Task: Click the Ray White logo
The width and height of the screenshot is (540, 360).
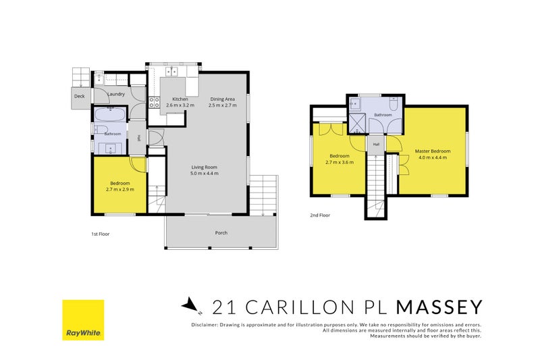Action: point(83,320)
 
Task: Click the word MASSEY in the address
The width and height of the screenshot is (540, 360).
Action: point(439,307)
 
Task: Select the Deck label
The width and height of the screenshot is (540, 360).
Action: point(79,96)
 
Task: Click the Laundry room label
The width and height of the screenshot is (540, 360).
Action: point(116,94)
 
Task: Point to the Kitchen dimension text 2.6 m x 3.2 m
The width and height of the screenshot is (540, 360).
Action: point(180,105)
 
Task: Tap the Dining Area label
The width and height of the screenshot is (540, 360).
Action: point(223,99)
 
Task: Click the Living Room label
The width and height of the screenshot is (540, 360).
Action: point(205,167)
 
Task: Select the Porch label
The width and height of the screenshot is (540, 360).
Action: point(221,233)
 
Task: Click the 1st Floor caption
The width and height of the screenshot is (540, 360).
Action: point(100,234)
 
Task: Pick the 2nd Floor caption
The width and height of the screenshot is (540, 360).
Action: point(320,215)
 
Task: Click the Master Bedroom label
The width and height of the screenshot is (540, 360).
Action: point(433,151)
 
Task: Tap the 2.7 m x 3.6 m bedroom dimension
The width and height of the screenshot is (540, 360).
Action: point(340,162)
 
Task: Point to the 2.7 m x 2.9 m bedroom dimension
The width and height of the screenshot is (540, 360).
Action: point(120,190)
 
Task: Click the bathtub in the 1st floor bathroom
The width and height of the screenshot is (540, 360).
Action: point(110,115)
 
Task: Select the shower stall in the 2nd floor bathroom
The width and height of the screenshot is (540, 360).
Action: point(358,123)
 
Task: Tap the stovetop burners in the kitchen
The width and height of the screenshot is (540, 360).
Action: point(154,102)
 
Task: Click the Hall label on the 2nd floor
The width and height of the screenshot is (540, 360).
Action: point(376,145)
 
